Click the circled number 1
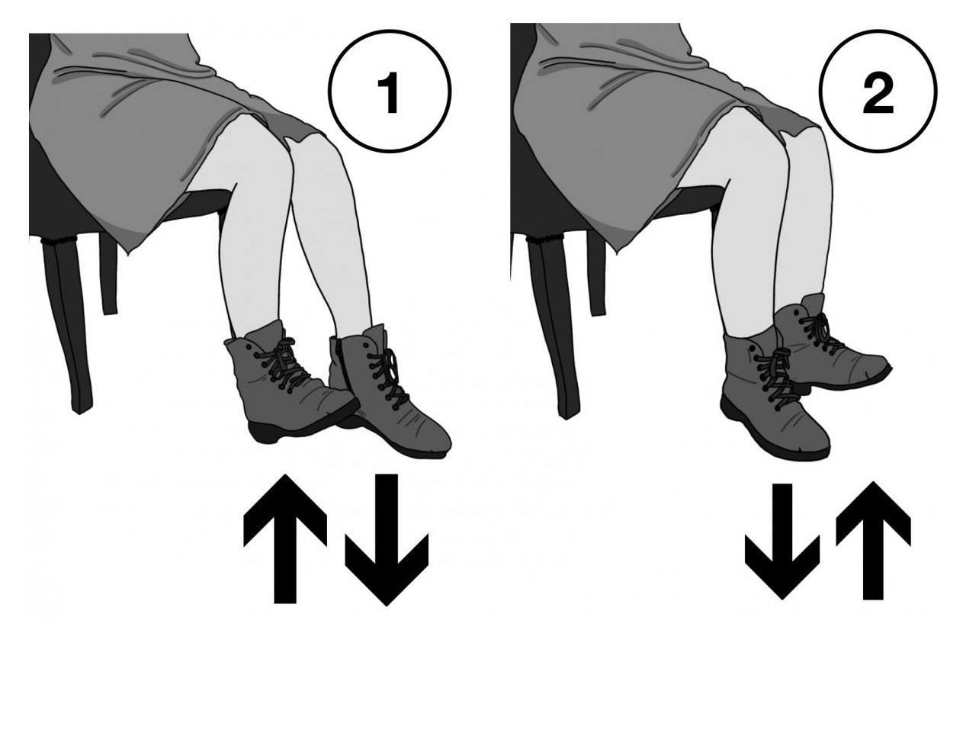click(x=390, y=92)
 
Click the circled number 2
click(x=878, y=92)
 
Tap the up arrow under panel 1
click(x=284, y=539)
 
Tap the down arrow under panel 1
click(x=387, y=540)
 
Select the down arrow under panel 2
click(x=782, y=542)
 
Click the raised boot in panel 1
click(x=289, y=384)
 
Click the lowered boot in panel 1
click(x=388, y=393)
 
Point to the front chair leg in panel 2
click(x=553, y=330)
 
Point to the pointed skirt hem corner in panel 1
click(x=127, y=256)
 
